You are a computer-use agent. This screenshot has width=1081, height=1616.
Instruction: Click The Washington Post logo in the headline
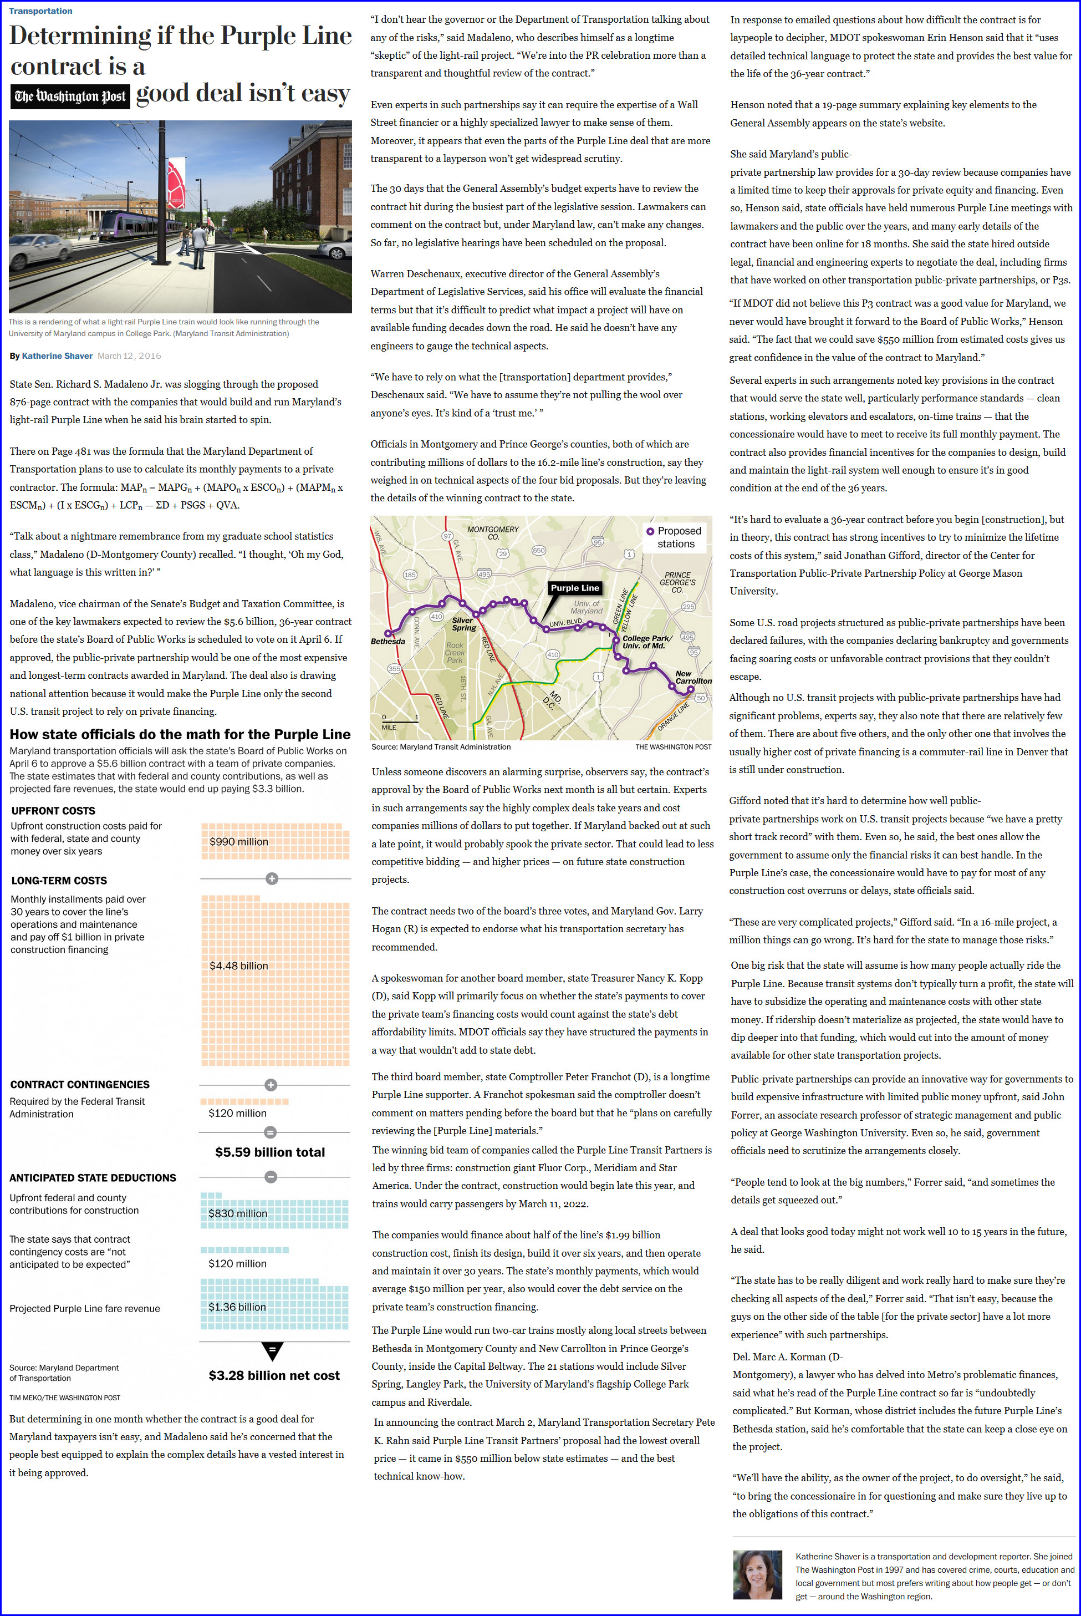(70, 96)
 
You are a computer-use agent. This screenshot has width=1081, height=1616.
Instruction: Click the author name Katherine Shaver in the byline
(57, 356)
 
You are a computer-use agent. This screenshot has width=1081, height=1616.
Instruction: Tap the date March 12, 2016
(129, 356)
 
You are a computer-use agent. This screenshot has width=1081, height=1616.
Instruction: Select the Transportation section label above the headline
(40, 11)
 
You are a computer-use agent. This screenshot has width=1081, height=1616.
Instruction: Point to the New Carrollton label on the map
(693, 677)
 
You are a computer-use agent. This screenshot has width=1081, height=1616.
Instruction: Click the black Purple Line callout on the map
(575, 588)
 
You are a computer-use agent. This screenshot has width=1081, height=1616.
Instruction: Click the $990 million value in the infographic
(238, 841)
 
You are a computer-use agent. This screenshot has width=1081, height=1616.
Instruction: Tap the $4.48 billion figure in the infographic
(238, 965)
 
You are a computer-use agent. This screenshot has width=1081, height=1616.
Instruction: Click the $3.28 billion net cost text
(274, 1375)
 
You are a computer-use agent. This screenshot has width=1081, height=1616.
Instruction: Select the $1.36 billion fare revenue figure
(237, 1307)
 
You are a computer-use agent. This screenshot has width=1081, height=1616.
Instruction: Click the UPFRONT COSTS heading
(53, 810)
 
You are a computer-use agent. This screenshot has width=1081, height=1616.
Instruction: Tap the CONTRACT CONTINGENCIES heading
(79, 1084)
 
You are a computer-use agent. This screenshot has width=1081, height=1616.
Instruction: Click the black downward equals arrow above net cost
(272, 1350)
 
